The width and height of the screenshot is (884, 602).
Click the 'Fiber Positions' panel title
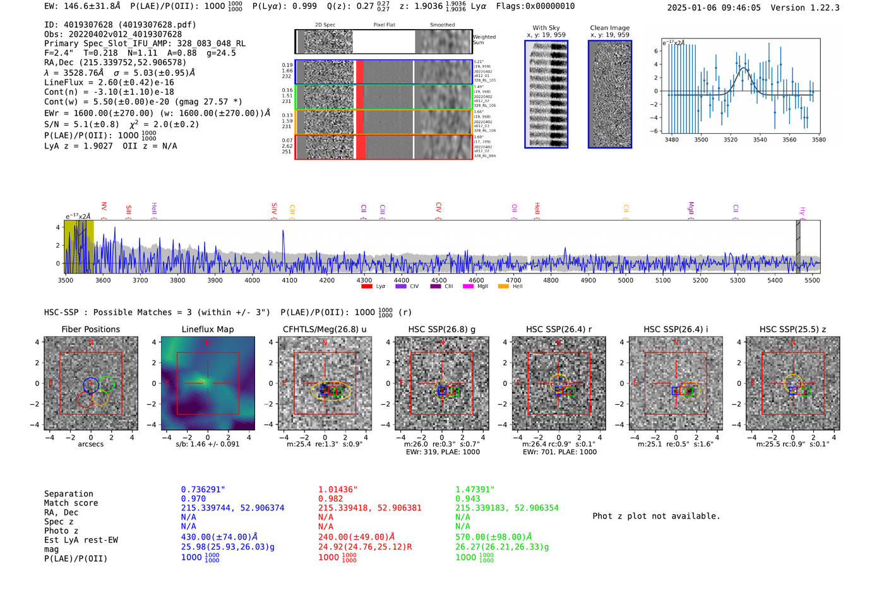coord(90,329)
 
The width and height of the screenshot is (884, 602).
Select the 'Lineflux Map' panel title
coord(207,329)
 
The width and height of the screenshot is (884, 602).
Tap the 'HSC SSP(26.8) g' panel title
coord(442,329)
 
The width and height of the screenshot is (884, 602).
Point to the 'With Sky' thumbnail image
coord(546,94)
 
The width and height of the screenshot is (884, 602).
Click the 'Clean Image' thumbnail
coord(609,94)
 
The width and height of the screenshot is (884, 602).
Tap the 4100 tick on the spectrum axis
coord(289,280)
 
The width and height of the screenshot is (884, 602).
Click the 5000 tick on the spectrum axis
coord(625,280)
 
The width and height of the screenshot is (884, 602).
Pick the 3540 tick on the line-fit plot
coord(760,140)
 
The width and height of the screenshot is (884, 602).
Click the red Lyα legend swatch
coord(366,287)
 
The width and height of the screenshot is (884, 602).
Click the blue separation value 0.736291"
coord(203,490)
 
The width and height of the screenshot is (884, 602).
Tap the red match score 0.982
coord(330,498)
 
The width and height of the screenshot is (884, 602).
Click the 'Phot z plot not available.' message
coord(656,516)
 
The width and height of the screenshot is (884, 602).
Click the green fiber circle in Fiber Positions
coord(106,383)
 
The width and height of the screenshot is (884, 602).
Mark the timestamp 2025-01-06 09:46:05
coord(714,8)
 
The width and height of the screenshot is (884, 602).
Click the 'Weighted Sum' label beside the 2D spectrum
coord(484,40)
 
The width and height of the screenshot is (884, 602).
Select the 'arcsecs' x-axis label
coord(90,444)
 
